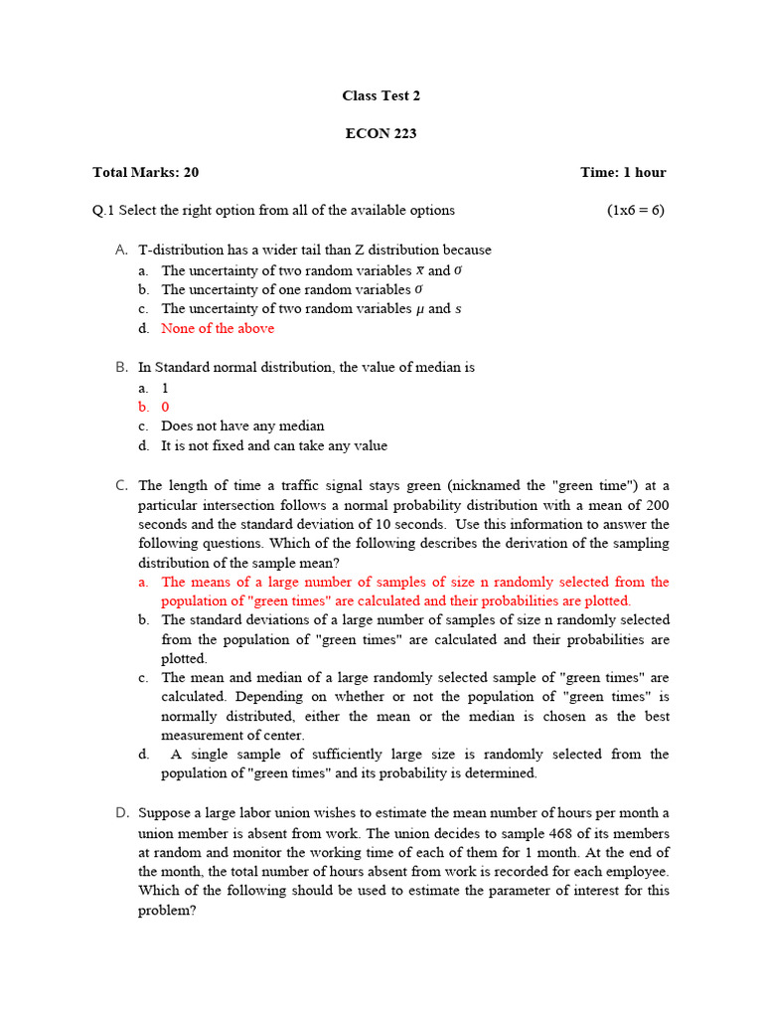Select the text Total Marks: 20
tap(145, 172)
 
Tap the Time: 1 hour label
tap(623, 172)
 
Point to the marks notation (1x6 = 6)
tap(636, 210)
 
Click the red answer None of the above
tap(218, 328)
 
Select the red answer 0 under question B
tap(165, 407)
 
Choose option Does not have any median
tap(242, 426)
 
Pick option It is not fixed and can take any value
tap(274, 445)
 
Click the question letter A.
tap(121, 250)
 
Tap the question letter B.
tap(121, 367)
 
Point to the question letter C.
tap(121, 485)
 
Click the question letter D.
tap(121, 812)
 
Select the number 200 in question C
tap(657, 505)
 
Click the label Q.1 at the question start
tap(104, 210)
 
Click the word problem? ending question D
tap(167, 910)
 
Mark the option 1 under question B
tap(165, 388)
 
